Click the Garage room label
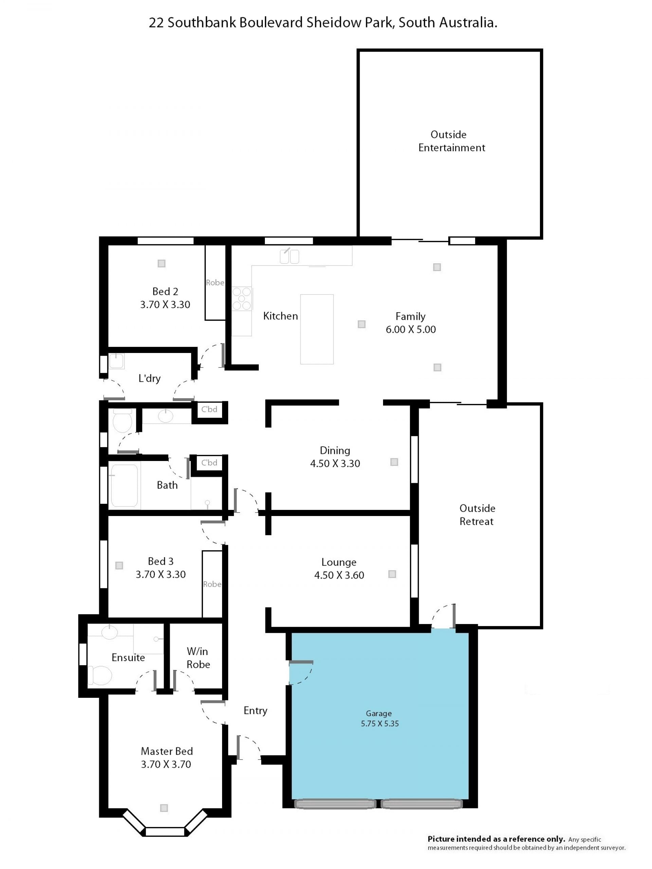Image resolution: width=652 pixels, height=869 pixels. coord(379,713)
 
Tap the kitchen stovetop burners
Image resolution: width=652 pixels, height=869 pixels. coord(241,299)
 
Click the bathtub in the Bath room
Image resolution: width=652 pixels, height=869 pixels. coord(124,486)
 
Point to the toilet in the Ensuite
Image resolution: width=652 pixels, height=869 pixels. coord(100,675)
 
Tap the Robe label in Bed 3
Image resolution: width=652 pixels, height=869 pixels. coord(212,584)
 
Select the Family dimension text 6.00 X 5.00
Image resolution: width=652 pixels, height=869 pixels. coord(411,329)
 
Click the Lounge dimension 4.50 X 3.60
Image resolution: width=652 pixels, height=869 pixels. coord(339,575)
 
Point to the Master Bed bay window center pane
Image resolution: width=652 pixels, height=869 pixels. coord(165,831)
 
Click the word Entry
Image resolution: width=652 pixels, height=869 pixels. coord(255,710)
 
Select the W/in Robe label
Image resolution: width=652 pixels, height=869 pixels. coord(198,658)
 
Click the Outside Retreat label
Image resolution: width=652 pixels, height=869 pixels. coord(477,515)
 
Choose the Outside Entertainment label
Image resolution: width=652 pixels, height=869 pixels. coord(451,141)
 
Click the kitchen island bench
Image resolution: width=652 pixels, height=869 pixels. coord(316,329)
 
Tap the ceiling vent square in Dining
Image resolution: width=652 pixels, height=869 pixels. coord(394,462)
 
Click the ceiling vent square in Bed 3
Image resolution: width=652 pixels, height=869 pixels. coord(119,565)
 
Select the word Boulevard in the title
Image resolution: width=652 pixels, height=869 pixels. coord(271,22)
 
